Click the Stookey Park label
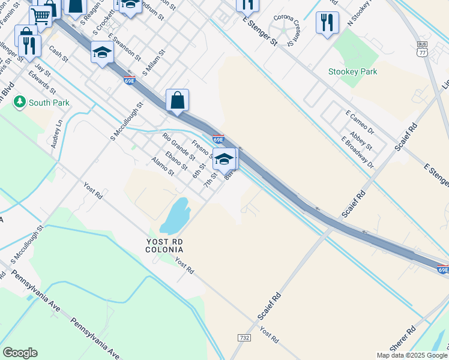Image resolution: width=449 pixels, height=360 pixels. [x=352, y=71]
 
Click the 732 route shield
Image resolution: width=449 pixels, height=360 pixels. [x=244, y=338]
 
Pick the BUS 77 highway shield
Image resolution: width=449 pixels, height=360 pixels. [x=421, y=49]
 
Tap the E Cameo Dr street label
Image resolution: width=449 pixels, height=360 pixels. [x=360, y=122]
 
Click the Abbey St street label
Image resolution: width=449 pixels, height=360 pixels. [x=361, y=141]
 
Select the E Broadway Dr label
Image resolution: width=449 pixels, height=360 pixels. [x=357, y=152]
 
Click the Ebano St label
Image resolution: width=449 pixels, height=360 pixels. [x=177, y=160]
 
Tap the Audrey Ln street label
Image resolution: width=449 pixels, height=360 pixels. [x=57, y=133]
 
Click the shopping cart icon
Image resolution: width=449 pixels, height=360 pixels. [x=41, y=16]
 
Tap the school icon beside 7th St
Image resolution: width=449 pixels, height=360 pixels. [x=224, y=159]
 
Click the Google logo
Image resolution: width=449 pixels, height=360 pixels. [x=20, y=353]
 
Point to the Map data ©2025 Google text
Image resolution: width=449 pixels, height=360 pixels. [x=412, y=355]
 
